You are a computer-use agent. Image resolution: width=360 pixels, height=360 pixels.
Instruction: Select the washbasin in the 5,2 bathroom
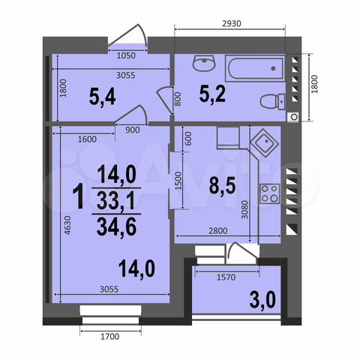pos(201,64)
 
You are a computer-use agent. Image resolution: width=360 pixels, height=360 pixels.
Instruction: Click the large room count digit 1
pos(78,199)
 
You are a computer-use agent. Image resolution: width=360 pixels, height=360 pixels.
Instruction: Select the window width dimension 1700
pos(110,335)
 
